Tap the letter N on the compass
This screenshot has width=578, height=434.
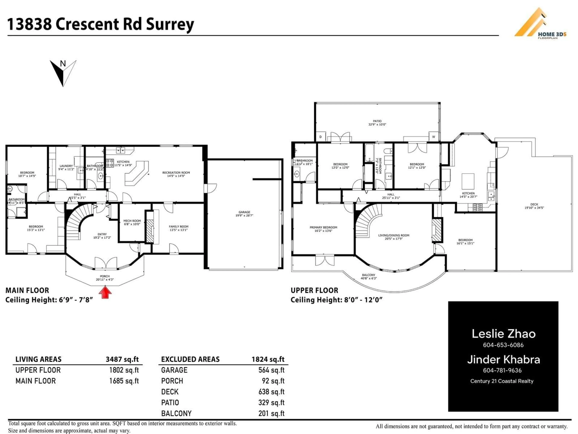[x=63, y=64]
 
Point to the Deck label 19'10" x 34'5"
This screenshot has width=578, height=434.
[x=534, y=206]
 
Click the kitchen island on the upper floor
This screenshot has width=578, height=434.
[x=468, y=181]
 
